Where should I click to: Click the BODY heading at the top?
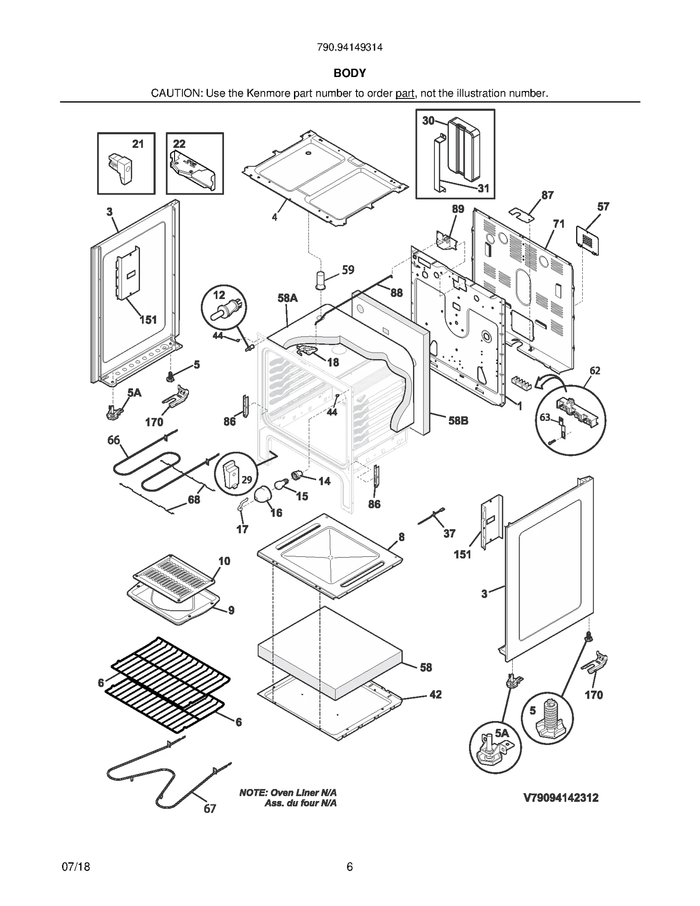350,73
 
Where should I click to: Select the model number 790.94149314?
350,47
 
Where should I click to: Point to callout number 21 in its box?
138,144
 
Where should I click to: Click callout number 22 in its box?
179,144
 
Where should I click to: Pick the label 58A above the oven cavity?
287,298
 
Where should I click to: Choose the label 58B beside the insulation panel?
458,421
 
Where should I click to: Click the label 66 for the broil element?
114,440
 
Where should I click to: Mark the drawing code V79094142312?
561,798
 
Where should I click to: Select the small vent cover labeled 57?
588,239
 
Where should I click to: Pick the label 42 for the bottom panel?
436,695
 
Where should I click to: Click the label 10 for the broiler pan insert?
224,561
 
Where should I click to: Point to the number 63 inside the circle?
545,417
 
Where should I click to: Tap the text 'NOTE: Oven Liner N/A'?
288,793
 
